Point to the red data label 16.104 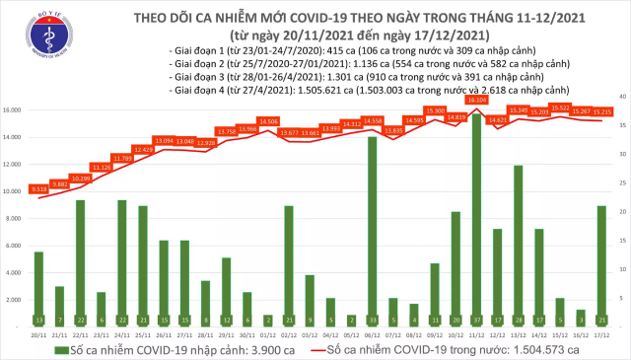(477, 101)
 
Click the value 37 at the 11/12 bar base (477, 320)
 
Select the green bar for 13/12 (518, 246)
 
